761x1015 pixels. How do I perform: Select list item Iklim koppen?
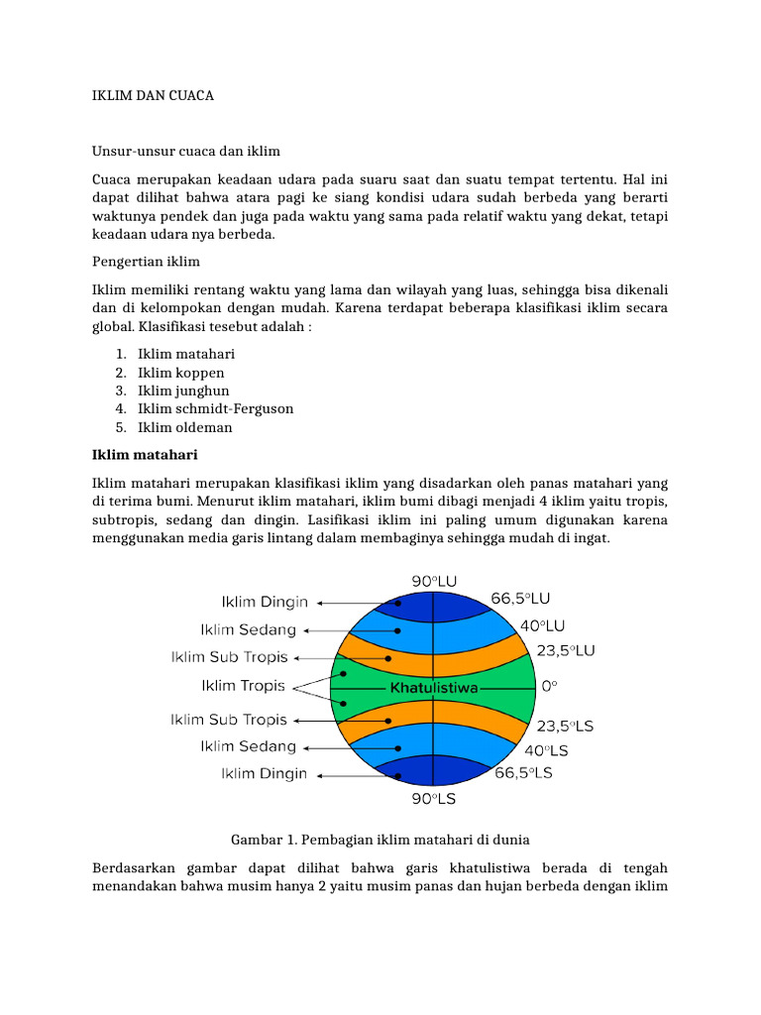[180, 373]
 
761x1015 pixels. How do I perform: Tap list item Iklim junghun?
[183, 391]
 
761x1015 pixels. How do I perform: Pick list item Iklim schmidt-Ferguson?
[215, 408]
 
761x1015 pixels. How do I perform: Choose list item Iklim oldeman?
[184, 427]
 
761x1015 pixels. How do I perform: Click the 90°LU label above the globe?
[434, 581]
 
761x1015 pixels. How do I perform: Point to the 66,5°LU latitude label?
[521, 599]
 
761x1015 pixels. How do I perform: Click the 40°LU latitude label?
[543, 625]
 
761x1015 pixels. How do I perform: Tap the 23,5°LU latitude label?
[566, 651]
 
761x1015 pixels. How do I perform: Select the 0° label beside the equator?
[550, 685]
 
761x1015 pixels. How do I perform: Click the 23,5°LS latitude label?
[565, 726]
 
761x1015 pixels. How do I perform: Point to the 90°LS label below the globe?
[434, 796]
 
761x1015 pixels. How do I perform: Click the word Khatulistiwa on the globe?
[435, 686]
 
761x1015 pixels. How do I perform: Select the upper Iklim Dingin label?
[264, 602]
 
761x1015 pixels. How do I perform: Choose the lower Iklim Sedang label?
[248, 746]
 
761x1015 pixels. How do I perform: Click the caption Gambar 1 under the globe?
[380, 840]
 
